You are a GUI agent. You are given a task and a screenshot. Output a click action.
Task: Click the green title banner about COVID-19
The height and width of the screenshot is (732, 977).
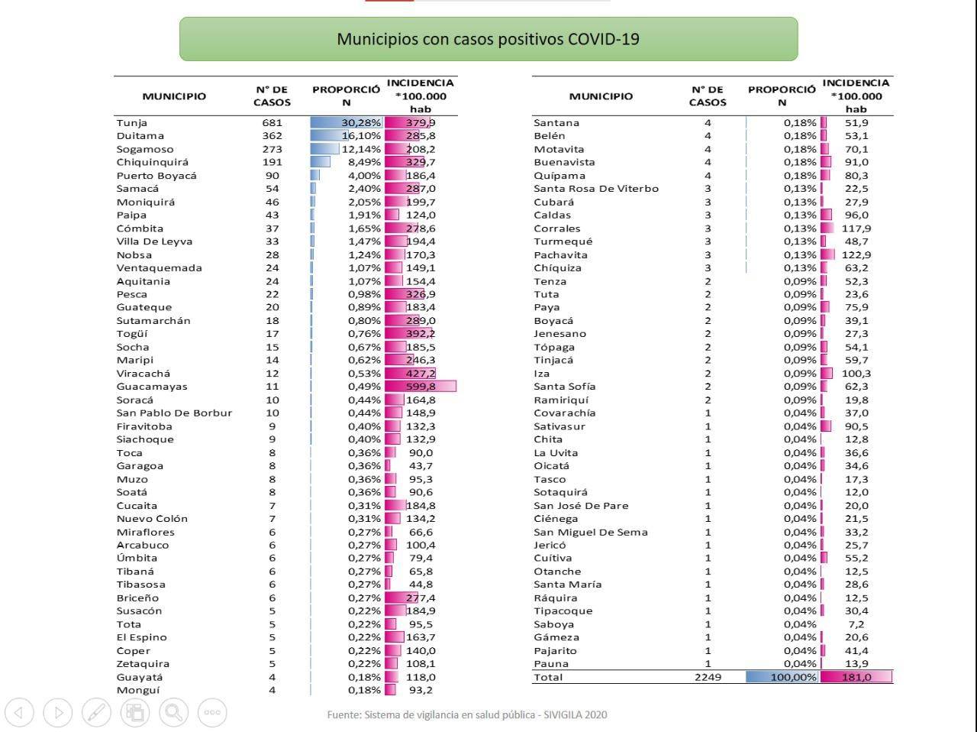click(x=488, y=39)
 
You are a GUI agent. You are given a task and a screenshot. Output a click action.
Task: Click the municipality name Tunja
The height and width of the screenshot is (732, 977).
click(x=132, y=123)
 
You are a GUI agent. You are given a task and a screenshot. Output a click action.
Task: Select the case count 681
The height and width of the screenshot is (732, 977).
click(x=272, y=123)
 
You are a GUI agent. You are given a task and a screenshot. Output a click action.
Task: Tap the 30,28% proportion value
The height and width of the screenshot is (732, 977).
click(x=361, y=123)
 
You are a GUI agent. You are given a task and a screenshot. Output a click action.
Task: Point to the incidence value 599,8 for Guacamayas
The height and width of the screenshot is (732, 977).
click(x=421, y=387)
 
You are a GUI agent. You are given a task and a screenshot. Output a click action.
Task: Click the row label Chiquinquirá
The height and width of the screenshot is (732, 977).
click(x=152, y=162)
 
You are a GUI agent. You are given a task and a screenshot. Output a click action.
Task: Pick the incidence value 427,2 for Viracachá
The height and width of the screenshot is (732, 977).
click(x=421, y=374)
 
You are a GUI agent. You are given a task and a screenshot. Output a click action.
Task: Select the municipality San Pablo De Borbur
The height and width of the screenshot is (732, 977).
click(x=174, y=413)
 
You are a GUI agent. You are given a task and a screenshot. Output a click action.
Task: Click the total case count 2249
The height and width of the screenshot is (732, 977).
click(x=708, y=677)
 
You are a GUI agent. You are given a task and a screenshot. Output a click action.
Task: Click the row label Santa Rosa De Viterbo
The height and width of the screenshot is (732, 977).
click(x=596, y=189)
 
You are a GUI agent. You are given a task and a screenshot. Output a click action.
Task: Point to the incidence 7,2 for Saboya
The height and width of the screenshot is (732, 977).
click(x=856, y=624)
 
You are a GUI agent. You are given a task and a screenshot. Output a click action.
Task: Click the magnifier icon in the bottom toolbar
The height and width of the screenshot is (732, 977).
click(x=173, y=712)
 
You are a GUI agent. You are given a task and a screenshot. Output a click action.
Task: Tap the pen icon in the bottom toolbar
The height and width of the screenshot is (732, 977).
click(x=96, y=712)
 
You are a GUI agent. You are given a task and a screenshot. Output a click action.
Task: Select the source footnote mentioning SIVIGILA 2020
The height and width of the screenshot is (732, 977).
click(x=467, y=715)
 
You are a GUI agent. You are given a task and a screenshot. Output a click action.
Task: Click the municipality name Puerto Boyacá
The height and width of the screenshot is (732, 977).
click(x=156, y=176)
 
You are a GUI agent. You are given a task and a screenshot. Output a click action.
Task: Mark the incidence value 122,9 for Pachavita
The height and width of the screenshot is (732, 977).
click(x=856, y=255)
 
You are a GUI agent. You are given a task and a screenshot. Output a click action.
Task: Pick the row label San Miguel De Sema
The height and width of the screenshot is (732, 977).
click(x=591, y=532)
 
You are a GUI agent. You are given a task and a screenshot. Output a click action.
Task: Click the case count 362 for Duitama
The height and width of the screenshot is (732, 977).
click(x=272, y=136)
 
